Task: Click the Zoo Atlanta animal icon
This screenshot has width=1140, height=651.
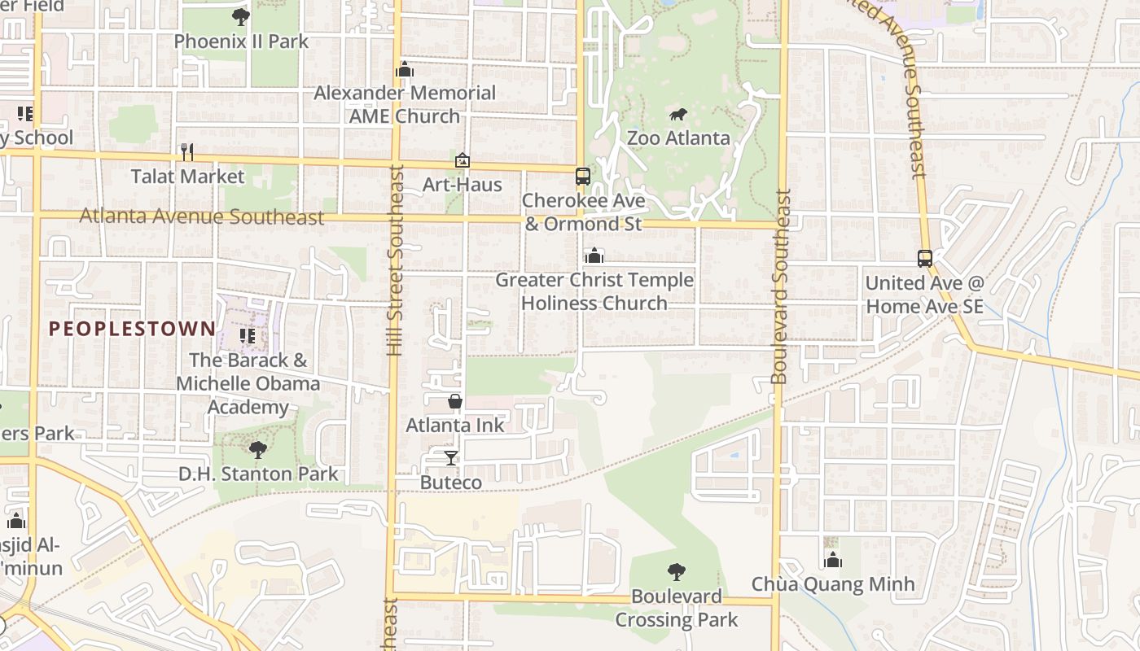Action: tap(677, 115)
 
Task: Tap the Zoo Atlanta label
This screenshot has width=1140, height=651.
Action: tap(678, 138)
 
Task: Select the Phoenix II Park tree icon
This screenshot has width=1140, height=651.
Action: tap(240, 17)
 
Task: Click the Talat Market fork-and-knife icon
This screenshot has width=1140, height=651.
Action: tap(187, 152)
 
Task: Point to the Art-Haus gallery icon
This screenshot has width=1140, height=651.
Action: tap(463, 160)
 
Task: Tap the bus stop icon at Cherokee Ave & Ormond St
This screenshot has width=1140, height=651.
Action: tap(583, 176)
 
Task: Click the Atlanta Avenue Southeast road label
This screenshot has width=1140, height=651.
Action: tap(202, 217)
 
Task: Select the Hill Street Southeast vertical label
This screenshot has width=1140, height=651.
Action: tap(396, 260)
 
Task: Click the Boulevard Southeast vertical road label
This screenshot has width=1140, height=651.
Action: tap(781, 286)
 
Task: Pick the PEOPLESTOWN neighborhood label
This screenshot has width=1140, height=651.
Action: tap(132, 329)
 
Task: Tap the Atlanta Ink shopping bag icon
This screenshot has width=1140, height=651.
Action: tap(455, 401)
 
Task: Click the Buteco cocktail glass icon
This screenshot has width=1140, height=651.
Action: tap(450, 458)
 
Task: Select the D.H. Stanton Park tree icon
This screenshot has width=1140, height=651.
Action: tap(258, 449)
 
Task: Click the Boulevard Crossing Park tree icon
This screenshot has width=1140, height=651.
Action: tap(676, 572)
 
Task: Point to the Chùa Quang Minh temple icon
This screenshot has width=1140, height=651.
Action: tap(832, 560)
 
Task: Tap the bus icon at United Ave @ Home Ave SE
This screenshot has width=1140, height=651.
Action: tap(925, 259)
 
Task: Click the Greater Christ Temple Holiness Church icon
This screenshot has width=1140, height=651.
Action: tap(594, 256)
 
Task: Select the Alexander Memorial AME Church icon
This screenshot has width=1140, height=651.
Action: tap(405, 69)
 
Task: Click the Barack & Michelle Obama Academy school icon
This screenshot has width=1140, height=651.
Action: tap(248, 335)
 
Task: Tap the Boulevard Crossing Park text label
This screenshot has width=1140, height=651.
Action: tap(676, 608)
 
